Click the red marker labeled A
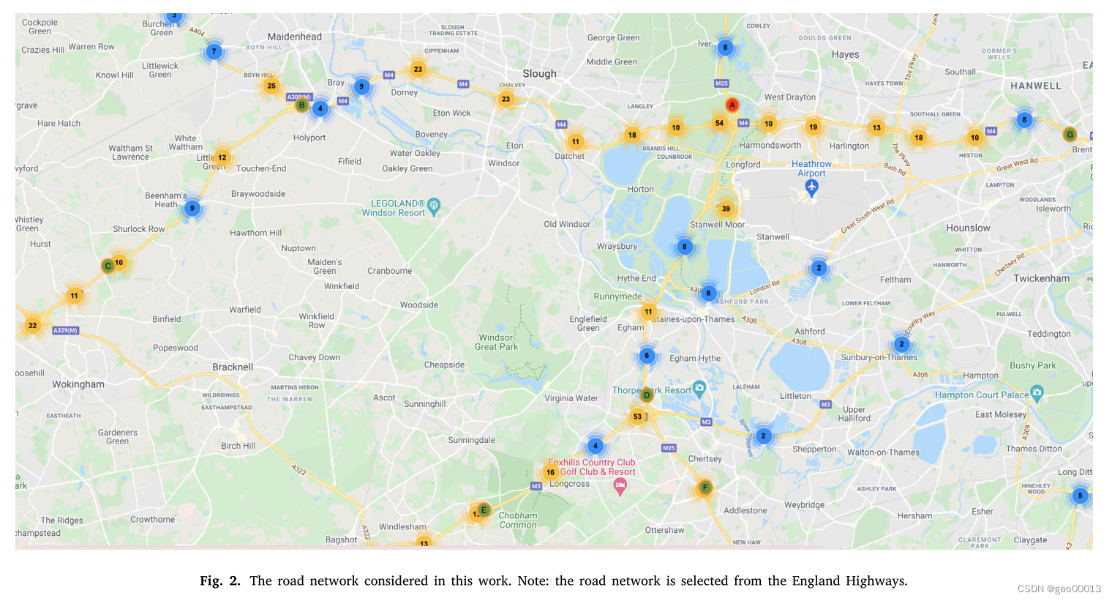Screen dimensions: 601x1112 pyautogui.click(x=732, y=105)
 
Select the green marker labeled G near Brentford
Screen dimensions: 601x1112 pyautogui.click(x=1070, y=135)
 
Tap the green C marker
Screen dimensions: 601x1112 pyautogui.click(x=108, y=266)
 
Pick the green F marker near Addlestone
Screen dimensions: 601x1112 pyautogui.click(x=705, y=488)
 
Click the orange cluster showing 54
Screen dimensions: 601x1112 pyautogui.click(x=719, y=123)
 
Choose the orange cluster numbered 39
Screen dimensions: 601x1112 pyautogui.click(x=726, y=209)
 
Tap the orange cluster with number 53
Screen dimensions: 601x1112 pyautogui.click(x=637, y=417)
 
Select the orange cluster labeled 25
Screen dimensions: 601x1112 pyautogui.click(x=271, y=86)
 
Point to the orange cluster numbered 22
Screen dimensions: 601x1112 pyautogui.click(x=32, y=325)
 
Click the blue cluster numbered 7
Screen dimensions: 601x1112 pyautogui.click(x=214, y=51)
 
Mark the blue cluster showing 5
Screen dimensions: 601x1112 pyautogui.click(x=1080, y=496)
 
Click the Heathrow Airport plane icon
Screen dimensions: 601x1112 pyautogui.click(x=811, y=187)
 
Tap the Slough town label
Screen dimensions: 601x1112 pyautogui.click(x=539, y=73)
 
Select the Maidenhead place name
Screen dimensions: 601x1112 pyautogui.click(x=294, y=37)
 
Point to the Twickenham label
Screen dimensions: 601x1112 pyautogui.click(x=1041, y=278)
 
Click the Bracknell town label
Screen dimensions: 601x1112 pyautogui.click(x=233, y=367)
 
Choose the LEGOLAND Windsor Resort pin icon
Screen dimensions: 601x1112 pyautogui.click(x=434, y=205)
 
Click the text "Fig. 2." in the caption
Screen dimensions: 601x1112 pyautogui.click(x=219, y=581)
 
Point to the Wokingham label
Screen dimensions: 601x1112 pyautogui.click(x=78, y=384)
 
